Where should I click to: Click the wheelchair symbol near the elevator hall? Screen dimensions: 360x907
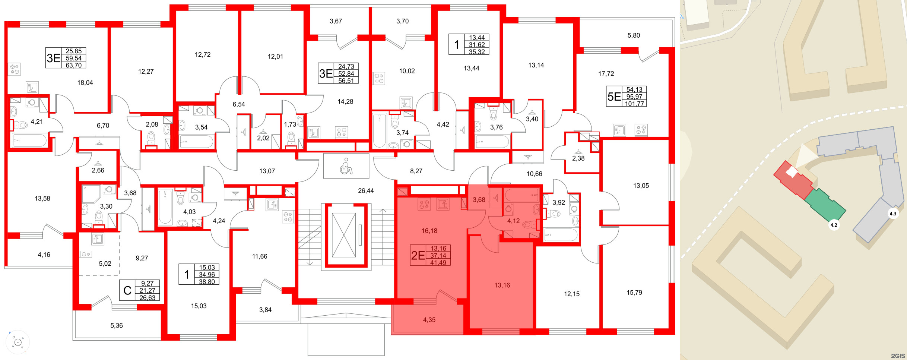[346, 166]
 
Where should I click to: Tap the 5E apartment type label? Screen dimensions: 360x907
[614, 97]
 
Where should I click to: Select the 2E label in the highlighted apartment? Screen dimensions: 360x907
[418, 255]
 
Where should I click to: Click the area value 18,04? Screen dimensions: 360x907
[85, 83]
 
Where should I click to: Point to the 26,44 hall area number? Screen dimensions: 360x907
[366, 191]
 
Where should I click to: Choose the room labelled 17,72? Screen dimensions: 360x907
[606, 74]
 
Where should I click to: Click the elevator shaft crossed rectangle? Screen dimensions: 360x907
[343, 235]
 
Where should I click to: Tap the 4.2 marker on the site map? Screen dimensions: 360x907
[834, 225]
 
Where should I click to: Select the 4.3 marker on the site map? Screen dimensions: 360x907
[893, 214]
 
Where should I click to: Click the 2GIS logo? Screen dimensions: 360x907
[898, 356]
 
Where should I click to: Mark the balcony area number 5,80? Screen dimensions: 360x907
[634, 35]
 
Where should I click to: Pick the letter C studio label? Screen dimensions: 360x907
[127, 291]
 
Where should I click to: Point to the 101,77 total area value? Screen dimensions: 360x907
[634, 104]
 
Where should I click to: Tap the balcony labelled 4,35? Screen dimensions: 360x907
[429, 320]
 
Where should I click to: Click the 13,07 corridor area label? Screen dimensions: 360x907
[267, 171]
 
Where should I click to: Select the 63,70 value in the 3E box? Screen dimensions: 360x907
[73, 65]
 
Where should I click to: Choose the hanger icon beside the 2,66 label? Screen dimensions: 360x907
[98, 163]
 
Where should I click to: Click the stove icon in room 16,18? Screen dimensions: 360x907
[424, 204]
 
